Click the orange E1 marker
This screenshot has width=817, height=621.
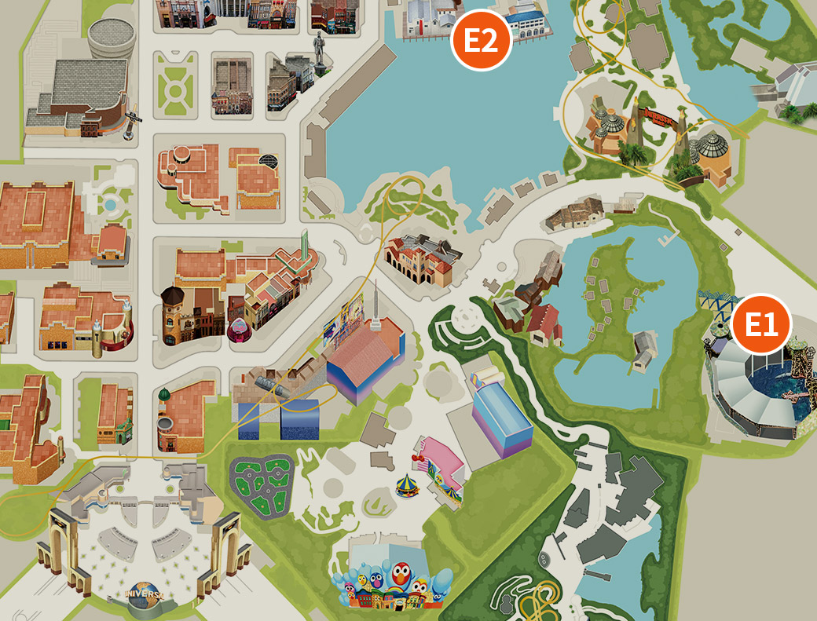[760, 324]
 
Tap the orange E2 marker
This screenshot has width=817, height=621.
[481, 40]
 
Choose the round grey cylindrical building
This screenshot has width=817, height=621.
[111, 41]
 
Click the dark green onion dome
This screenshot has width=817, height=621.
[163, 393]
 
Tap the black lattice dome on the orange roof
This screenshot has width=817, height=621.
[269, 162]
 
